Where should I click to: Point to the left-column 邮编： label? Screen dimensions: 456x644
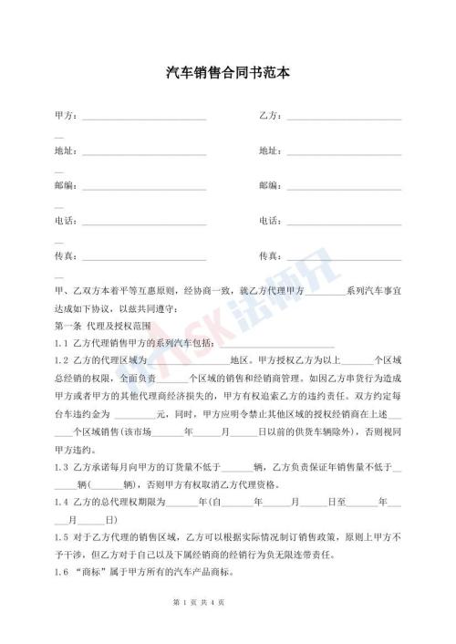[67, 185]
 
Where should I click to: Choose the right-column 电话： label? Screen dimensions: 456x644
[271, 220]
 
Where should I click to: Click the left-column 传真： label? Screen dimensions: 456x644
[67, 254]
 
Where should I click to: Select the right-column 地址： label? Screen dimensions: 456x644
[271, 151]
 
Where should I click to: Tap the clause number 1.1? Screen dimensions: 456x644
[62, 343]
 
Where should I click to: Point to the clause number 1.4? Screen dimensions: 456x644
[62, 500]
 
